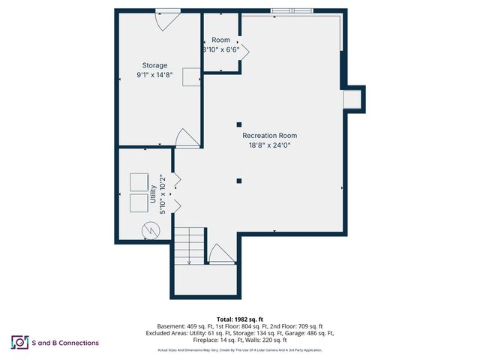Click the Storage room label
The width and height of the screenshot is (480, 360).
(x=155, y=65)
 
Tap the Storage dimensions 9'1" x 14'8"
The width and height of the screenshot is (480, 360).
(x=155, y=75)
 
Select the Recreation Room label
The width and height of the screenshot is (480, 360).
(x=269, y=136)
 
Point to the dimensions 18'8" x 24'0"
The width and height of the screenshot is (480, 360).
(x=269, y=145)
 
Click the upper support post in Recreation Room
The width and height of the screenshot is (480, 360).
(x=238, y=124)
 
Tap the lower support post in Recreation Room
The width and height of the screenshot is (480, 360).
(x=238, y=180)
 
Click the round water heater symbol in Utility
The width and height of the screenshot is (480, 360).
(x=151, y=229)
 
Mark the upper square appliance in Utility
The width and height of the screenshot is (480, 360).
(x=139, y=182)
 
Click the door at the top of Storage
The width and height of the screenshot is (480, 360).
(x=166, y=19)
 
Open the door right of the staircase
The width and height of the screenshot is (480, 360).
(x=221, y=254)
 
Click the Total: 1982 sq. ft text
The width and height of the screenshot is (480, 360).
(x=239, y=319)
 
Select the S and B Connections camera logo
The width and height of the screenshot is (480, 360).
(x=19, y=342)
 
